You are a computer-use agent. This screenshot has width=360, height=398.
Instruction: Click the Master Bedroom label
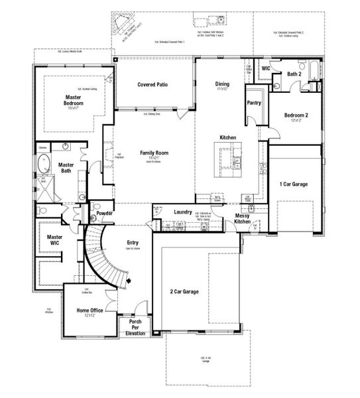73,99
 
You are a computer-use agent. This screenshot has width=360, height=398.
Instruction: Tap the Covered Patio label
151,85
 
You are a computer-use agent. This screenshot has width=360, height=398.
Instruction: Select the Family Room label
154,153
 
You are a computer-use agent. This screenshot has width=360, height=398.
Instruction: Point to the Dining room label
222,84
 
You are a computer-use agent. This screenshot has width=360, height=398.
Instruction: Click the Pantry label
253,103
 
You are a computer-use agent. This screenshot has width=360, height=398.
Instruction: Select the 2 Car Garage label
185,292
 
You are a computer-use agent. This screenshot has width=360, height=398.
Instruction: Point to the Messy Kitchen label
246,219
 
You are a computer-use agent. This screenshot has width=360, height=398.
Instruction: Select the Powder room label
104,213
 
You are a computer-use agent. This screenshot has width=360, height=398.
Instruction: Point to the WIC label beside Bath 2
266,68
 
